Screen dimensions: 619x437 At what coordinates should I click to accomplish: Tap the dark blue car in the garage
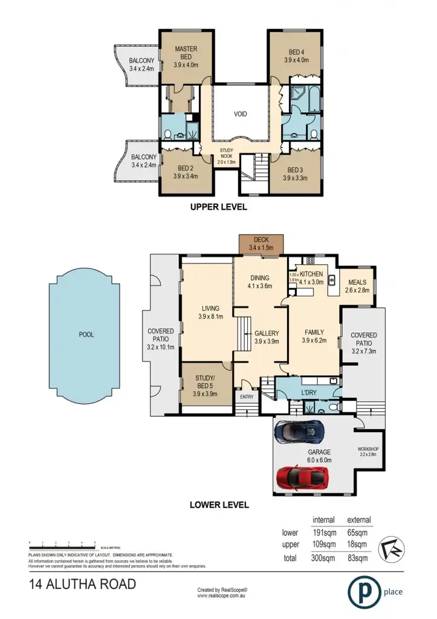click(299, 432)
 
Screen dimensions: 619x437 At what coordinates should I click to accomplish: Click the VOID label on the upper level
click(241, 114)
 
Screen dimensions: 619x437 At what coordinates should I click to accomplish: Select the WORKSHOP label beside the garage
click(367, 448)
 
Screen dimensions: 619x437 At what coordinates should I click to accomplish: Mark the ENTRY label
click(247, 397)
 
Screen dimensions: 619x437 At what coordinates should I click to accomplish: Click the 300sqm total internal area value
click(325, 557)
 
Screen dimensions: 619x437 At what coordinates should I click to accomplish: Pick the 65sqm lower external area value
click(358, 533)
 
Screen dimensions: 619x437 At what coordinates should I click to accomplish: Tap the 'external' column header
click(358, 520)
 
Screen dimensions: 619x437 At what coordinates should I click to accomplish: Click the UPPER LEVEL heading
click(219, 207)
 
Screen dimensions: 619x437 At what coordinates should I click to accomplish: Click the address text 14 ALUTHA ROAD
click(83, 585)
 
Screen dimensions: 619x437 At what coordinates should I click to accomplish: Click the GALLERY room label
click(266, 333)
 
